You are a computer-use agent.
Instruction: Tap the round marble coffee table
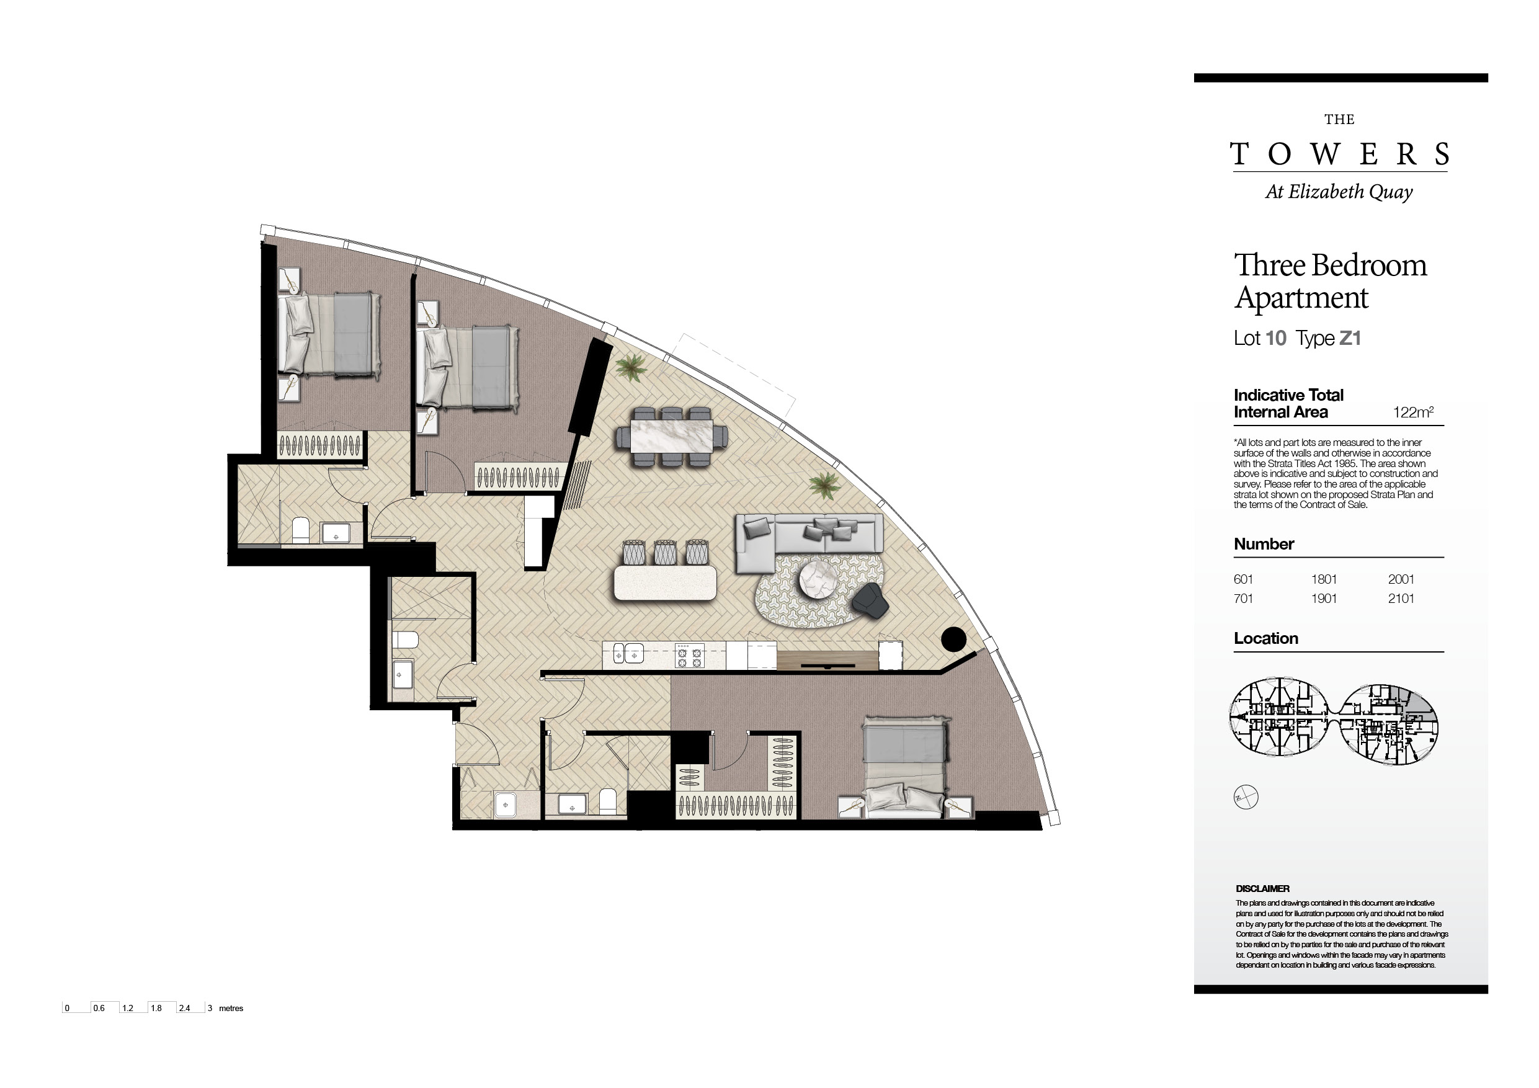point(818,579)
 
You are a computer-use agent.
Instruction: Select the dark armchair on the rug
point(871,599)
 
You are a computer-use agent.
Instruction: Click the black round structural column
point(953,639)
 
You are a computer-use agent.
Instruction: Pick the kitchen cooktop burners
point(690,655)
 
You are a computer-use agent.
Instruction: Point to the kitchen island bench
point(665,583)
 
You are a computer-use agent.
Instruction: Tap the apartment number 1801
point(1324,579)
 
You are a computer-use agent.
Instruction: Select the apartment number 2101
point(1401,599)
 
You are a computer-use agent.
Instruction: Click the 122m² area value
point(1413,412)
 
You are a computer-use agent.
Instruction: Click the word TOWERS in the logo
point(1339,154)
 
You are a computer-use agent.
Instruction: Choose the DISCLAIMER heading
point(1263,889)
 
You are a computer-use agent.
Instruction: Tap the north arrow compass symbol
point(1246,797)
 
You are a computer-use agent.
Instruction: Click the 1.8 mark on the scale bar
point(156,1008)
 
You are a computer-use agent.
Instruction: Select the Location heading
point(1266,638)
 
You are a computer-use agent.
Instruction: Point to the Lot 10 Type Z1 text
point(1297,338)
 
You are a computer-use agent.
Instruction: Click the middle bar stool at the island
point(665,551)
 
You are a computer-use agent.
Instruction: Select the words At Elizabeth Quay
point(1339,192)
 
